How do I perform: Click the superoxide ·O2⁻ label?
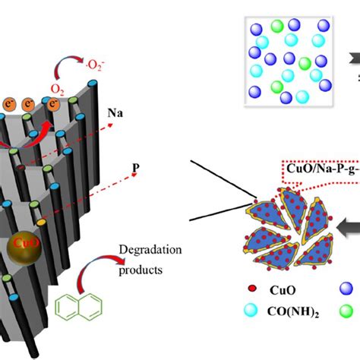pos(112,55)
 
